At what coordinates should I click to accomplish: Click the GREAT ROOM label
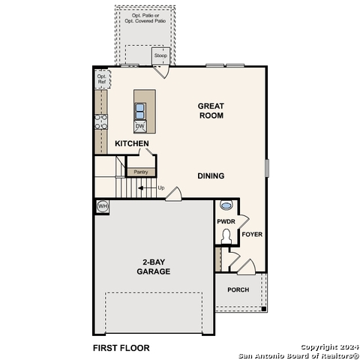(x=211, y=112)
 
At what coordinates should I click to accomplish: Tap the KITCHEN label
(x=131, y=143)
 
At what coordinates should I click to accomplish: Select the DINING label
(x=211, y=175)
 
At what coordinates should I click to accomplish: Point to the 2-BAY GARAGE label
(x=153, y=266)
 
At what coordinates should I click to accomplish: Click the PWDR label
(x=226, y=222)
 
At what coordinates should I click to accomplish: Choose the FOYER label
(x=252, y=235)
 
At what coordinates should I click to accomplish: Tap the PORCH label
(x=238, y=289)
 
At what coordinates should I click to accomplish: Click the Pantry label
(x=139, y=172)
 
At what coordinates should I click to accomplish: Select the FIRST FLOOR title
(x=121, y=348)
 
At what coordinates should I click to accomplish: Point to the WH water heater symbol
(x=103, y=206)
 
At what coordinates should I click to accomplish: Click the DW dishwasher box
(x=139, y=126)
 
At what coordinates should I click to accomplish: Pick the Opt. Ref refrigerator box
(x=101, y=79)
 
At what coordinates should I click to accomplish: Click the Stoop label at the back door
(x=160, y=56)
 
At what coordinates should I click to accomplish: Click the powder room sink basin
(x=226, y=205)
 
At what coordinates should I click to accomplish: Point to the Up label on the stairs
(x=160, y=187)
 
